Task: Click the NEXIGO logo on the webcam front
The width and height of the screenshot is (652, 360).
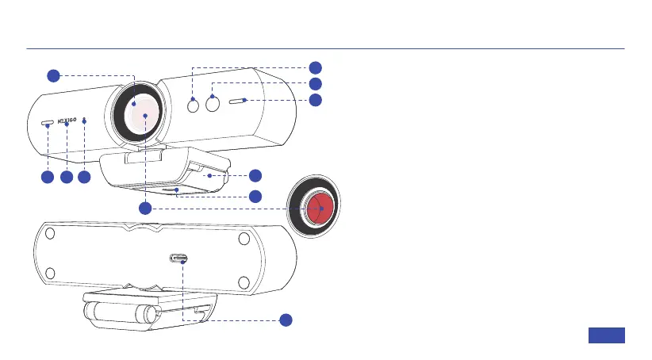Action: coord(67,124)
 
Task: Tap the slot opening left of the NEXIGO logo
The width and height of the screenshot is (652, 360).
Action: coord(48,124)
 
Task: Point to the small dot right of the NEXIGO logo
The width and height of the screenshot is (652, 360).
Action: coord(84,122)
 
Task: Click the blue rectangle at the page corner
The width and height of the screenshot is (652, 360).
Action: coord(607,335)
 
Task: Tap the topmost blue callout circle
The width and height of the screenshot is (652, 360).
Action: coord(315,67)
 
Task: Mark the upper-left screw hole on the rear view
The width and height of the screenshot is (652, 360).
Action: coord(49,235)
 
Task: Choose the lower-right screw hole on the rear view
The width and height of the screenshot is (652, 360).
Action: coord(244,281)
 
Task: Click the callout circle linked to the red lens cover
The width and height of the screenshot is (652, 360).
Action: coord(145,209)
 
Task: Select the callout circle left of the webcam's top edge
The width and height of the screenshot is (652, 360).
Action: coord(52,75)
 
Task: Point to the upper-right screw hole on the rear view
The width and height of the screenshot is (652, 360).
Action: coord(244,238)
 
